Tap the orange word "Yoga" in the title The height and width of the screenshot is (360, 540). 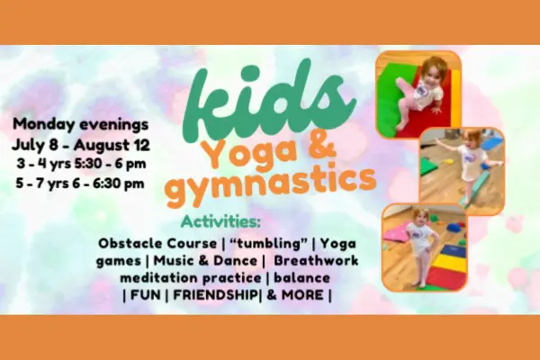tap(241, 154)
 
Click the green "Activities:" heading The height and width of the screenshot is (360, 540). tap(220, 222)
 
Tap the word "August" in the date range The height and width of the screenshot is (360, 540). tap(103, 145)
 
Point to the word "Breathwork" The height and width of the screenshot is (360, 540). tap(316, 260)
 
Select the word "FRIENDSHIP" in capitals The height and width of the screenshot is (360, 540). tap(214, 295)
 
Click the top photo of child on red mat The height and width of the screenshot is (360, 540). tap(418, 94)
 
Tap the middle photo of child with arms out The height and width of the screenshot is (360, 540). tap(462, 171)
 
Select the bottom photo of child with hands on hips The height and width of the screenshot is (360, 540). tap(424, 247)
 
